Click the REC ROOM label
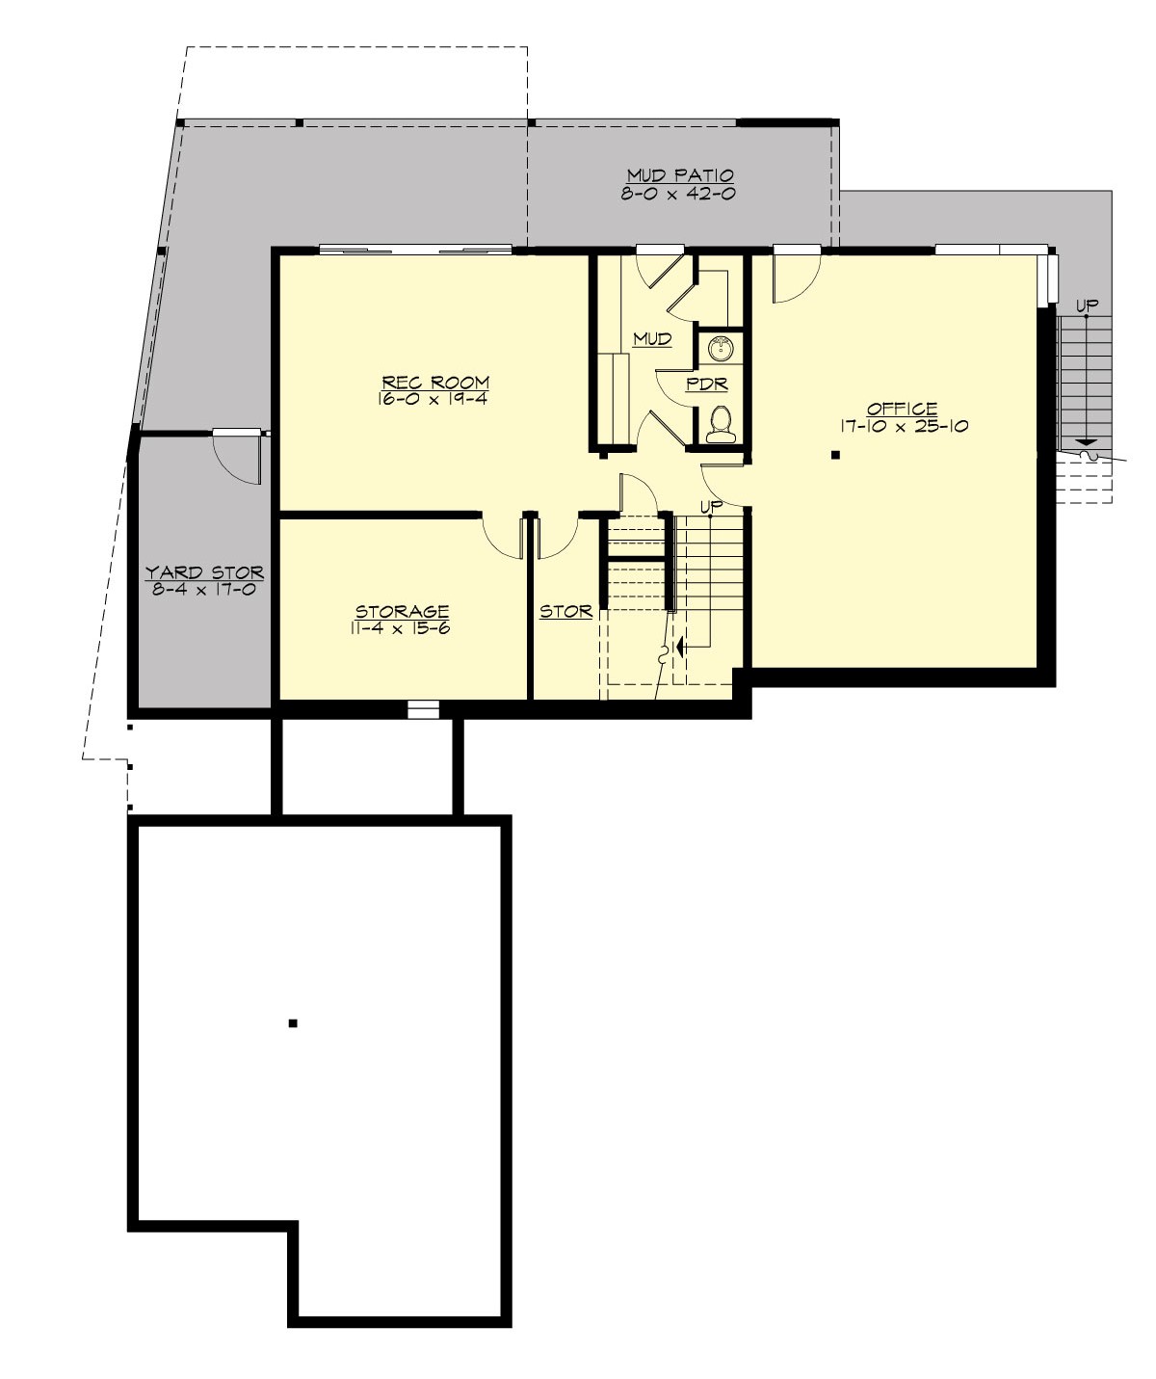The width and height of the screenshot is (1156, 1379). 433,382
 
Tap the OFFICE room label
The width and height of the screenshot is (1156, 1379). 902,409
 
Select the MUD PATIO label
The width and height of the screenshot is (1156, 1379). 680,175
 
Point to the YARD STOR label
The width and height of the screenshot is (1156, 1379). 203,572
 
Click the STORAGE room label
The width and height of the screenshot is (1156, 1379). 402,611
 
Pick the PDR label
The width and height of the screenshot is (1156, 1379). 706,385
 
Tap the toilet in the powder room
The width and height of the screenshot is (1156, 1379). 720,423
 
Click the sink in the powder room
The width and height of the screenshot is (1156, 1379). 719,347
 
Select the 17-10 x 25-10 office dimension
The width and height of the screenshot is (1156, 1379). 902,426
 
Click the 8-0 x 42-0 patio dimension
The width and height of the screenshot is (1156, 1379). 680,193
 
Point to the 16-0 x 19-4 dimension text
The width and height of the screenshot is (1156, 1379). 433,398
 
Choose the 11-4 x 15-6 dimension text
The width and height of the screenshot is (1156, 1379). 402,627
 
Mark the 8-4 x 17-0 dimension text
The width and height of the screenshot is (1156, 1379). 203,589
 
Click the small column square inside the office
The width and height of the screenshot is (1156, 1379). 836,454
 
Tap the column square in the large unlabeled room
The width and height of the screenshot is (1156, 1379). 293,1023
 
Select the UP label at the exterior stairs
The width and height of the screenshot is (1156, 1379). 1087,305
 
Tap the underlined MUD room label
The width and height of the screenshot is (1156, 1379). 651,339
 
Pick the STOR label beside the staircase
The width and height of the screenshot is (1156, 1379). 565,611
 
